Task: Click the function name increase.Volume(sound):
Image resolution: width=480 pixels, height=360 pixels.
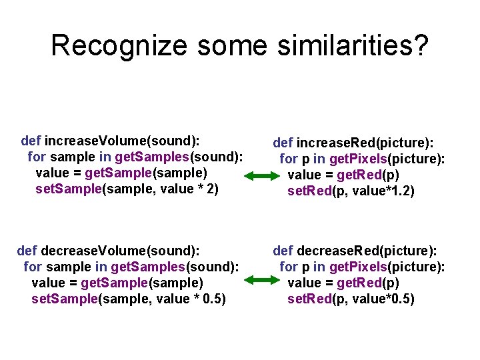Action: tap(123, 141)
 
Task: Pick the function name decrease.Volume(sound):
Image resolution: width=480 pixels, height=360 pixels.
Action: tap(121, 251)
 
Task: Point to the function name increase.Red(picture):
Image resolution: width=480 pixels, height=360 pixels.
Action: tap(364, 143)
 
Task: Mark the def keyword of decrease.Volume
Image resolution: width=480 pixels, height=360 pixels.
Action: tap(27, 251)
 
